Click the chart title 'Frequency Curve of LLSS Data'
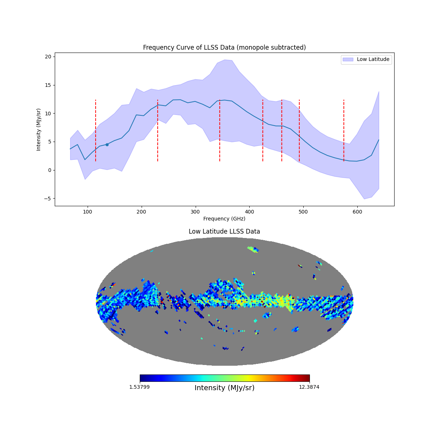pyautogui.click(x=224, y=47)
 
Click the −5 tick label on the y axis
pyautogui.click(x=48, y=199)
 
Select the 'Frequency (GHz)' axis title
pyautogui.click(x=224, y=219)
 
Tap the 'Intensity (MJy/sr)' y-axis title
pyautogui.click(x=39, y=130)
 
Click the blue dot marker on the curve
pyautogui.click(x=107, y=145)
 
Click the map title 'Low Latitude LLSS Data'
pyautogui.click(x=224, y=231)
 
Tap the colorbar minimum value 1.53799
pyautogui.click(x=139, y=387)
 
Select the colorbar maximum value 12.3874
pyautogui.click(x=309, y=387)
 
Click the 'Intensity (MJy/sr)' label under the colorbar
pyautogui.click(x=224, y=388)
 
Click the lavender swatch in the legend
pyautogui.click(x=348, y=59)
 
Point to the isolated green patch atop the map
pyautogui.click(x=252, y=249)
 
